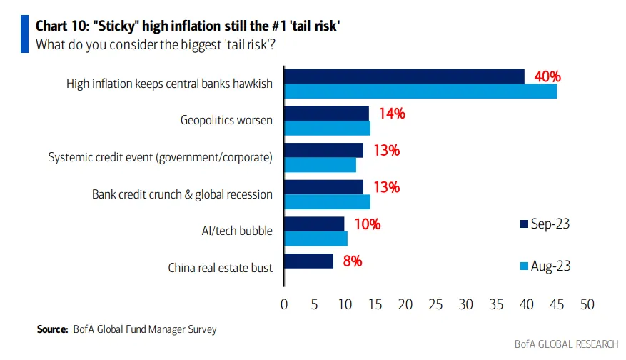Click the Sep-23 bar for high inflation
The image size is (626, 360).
tap(404, 76)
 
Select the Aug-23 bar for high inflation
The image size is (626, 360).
tap(420, 91)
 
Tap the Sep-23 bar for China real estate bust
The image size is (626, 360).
tap(308, 261)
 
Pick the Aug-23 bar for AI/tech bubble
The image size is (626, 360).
tap(315, 239)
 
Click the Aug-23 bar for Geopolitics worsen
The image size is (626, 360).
tap(327, 128)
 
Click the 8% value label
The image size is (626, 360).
tap(352, 261)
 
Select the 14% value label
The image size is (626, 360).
tap(391, 113)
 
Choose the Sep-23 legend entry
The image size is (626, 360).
tap(545, 224)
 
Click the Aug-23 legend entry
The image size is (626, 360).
tap(545, 266)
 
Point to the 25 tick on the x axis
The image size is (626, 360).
tap(436, 305)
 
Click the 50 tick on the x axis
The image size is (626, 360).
tap(587, 305)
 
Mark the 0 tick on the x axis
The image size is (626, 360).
tap(284, 305)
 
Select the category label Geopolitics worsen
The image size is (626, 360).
tap(226, 120)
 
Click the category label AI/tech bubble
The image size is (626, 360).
tap(237, 231)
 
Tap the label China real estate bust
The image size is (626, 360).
tap(220, 268)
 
